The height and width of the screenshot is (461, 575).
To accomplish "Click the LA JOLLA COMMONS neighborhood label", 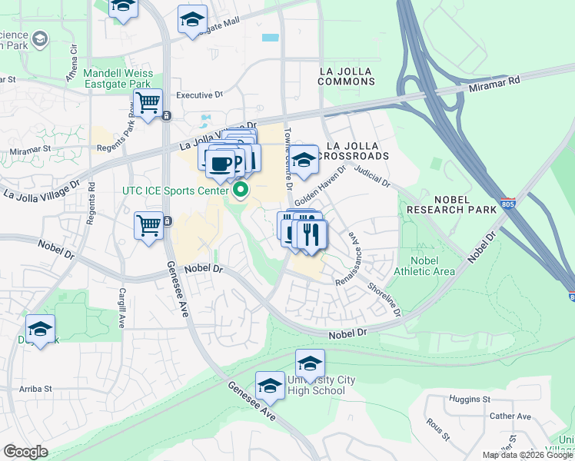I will point(345,77).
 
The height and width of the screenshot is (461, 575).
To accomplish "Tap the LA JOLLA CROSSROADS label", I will point(357,151).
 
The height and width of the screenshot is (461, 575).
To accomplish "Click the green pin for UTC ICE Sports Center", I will point(241,190).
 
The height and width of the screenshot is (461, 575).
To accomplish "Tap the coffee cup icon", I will point(220,163).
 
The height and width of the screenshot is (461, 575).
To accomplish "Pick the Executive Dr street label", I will point(199,95).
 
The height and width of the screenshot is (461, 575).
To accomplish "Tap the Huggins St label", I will point(470,400).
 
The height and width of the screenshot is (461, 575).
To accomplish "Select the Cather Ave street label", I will point(510,416).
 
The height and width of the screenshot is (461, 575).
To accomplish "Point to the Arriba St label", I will point(36,390).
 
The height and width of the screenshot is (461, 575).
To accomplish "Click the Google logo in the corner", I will point(25,452).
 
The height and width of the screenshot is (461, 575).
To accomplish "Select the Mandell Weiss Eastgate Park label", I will point(119,79).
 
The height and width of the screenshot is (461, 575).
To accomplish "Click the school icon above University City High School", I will point(310,363).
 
